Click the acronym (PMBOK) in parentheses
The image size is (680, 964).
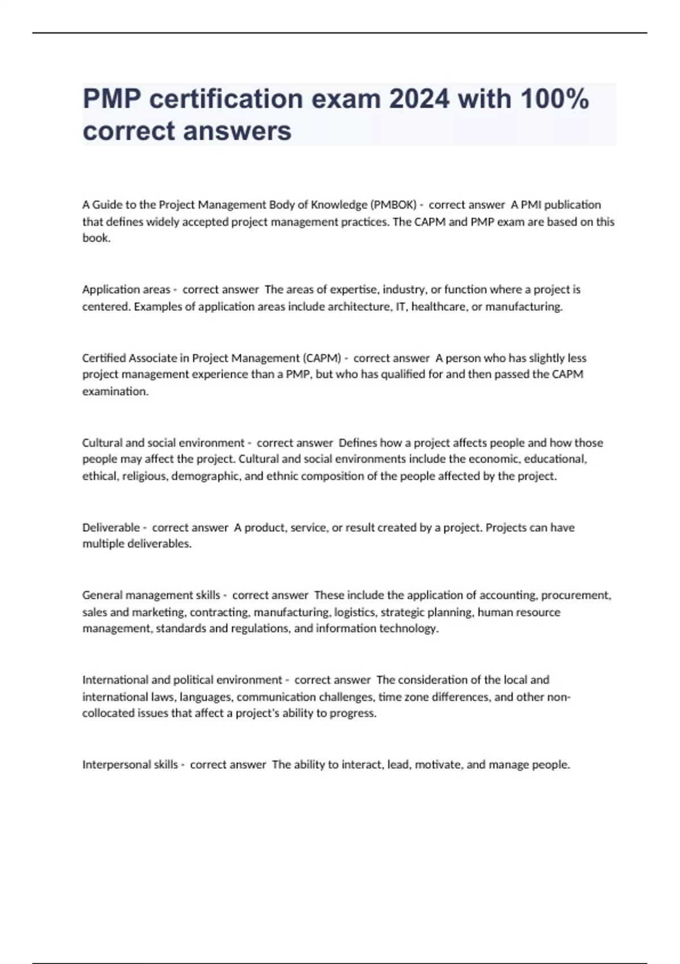pyautogui.click(x=393, y=205)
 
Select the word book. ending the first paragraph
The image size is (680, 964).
pyautogui.click(x=96, y=238)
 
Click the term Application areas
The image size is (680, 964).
pyautogui.click(x=126, y=290)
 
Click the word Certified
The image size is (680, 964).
pyautogui.click(x=104, y=358)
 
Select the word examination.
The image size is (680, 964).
pyautogui.click(x=115, y=391)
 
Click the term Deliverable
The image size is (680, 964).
pyautogui.click(x=111, y=527)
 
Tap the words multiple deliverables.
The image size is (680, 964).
pyautogui.click(x=137, y=544)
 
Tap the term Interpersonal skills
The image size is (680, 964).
pyautogui.click(x=130, y=764)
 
